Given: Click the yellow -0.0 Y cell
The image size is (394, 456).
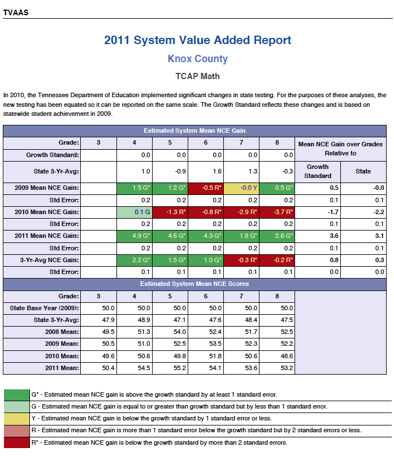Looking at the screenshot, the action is coord(241,188).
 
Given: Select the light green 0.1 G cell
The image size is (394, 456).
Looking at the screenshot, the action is coord(134,212).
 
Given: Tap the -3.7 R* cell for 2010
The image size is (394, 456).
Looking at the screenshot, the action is coord(277,212).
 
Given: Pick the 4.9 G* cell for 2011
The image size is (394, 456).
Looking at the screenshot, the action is coord(134,236).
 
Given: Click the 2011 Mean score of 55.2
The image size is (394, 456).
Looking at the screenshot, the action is coord(180,368).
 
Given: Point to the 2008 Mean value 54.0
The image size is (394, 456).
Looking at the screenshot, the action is coord(180,332).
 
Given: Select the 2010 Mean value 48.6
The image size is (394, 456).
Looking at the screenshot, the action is coord(287,356).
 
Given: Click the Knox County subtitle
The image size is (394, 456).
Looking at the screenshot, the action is coord(198,59).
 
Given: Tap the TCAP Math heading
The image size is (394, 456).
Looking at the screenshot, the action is coord(198,76).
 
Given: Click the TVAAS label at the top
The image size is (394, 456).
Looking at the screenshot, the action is coord(16,13).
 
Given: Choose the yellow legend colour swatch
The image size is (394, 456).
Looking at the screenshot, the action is coord(16,419).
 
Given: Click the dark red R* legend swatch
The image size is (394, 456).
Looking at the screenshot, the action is coord(16,442).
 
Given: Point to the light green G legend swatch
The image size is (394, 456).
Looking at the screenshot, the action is coord(16,407).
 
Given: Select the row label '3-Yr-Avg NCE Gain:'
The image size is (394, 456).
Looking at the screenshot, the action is coord(49,260).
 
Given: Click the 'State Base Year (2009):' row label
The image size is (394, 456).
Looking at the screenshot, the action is coord(44,309).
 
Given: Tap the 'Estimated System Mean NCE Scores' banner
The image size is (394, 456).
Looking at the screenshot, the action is coord(194,284).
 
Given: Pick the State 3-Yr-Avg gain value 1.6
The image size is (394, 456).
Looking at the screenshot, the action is coord(217,172).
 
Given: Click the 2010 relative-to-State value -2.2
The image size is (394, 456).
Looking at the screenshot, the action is coord(378,212).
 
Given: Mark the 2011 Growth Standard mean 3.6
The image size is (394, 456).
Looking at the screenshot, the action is coord(334,236).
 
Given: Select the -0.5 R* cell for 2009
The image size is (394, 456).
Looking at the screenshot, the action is coord(205,188).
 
